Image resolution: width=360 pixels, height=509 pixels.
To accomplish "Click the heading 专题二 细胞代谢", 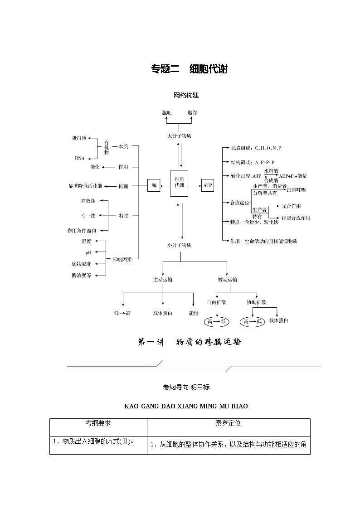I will (x=189, y=69).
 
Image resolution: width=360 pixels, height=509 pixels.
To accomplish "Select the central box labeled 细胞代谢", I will (x=179, y=183).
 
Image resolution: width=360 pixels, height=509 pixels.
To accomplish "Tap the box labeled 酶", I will (x=154, y=185).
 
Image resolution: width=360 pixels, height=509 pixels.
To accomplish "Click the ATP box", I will (x=207, y=185).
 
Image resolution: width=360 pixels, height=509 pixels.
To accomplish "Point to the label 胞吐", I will (x=166, y=112).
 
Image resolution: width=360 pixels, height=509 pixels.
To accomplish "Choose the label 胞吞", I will (x=192, y=112).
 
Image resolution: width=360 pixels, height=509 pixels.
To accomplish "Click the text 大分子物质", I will (x=179, y=136).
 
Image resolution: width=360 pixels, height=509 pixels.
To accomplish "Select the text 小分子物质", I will (x=179, y=245).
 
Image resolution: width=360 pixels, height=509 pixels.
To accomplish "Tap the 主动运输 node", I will (x=162, y=280).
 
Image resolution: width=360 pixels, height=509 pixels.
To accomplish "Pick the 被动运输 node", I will (x=227, y=280).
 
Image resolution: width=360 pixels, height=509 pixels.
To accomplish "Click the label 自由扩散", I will (x=216, y=302).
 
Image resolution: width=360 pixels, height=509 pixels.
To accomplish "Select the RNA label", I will (x=79, y=158).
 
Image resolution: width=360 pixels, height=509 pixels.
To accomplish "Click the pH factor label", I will (x=88, y=252).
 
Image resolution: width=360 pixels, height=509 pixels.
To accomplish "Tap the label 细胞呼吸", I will (x=297, y=190).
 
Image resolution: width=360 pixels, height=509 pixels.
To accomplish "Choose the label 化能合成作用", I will (x=296, y=218).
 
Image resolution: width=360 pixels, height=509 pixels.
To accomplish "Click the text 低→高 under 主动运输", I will (x=122, y=313).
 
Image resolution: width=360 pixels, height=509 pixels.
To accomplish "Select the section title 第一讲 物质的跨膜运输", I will (x=189, y=342).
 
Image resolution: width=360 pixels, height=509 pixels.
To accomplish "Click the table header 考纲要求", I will (x=98, y=423).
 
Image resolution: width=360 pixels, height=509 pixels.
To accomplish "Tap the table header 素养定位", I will (x=228, y=423).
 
